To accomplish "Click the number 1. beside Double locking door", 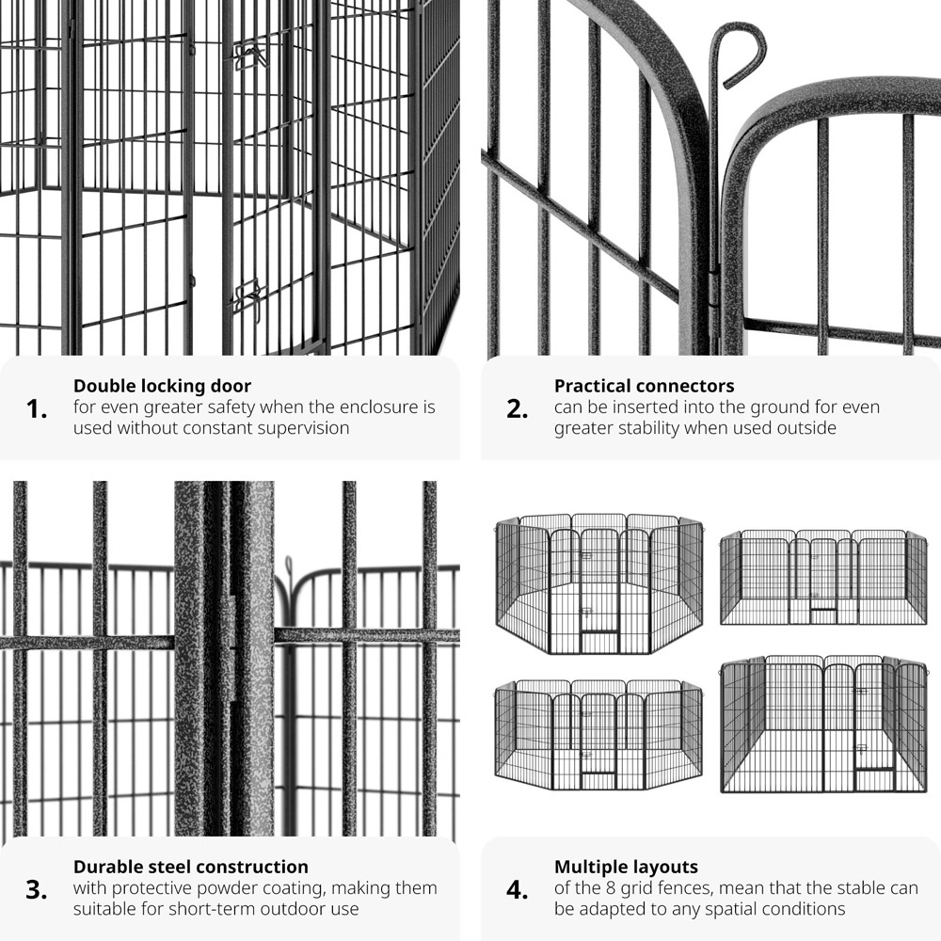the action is (x=37, y=409).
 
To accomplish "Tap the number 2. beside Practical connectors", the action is (x=518, y=409).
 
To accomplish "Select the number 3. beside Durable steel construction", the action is (x=37, y=890).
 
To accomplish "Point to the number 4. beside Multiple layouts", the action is (x=518, y=890).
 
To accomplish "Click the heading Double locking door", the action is (x=162, y=386).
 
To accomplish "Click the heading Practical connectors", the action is (x=644, y=386).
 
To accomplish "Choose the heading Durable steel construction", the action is (x=191, y=867).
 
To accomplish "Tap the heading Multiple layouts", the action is (x=626, y=868).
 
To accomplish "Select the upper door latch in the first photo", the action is (x=248, y=56).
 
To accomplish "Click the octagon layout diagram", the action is (x=598, y=582).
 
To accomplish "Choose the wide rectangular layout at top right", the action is (x=823, y=577).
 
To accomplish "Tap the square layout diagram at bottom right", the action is (x=823, y=724).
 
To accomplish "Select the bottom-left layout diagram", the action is (x=598, y=735).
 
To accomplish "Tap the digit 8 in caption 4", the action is (x=611, y=888).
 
